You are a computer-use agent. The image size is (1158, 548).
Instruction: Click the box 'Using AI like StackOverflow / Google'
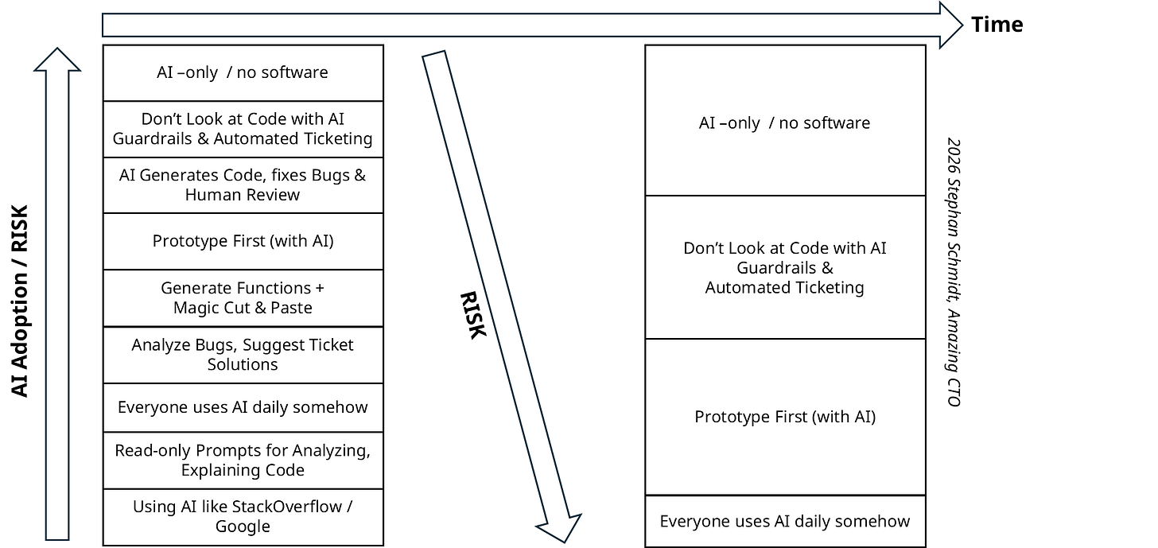[x=243, y=516]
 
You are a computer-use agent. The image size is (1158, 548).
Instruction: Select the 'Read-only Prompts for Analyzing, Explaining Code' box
[x=243, y=461]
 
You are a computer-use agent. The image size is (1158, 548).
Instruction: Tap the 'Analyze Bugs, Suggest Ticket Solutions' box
[x=243, y=355]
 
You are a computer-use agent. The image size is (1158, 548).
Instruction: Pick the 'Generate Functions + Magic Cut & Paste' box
[x=243, y=297]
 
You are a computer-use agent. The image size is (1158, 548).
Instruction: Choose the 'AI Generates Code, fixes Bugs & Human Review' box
[x=243, y=185]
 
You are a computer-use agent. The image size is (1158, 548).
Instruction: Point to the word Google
[x=243, y=527]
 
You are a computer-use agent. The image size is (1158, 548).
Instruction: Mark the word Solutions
[x=243, y=364]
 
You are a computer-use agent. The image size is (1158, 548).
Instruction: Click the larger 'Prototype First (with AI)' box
[x=785, y=417]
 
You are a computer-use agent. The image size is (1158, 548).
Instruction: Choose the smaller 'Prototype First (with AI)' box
[x=243, y=241]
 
